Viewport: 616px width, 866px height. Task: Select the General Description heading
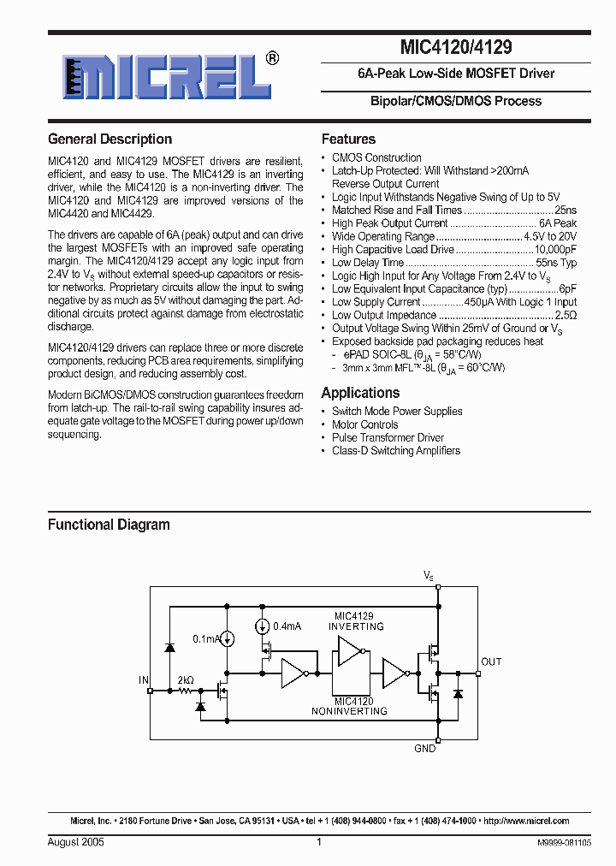(x=110, y=139)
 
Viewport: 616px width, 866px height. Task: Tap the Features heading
(x=348, y=139)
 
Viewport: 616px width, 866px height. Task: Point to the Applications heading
(x=360, y=393)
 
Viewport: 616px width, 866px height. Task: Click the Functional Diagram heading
(x=109, y=525)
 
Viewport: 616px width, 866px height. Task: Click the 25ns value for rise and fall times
(x=566, y=210)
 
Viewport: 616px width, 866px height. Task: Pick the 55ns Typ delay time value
(x=556, y=263)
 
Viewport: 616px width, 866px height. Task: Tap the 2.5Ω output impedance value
(x=566, y=315)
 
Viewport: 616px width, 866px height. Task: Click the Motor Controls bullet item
(x=365, y=424)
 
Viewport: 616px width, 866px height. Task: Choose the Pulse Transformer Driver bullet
(x=388, y=437)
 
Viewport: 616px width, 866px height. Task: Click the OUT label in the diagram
(x=491, y=661)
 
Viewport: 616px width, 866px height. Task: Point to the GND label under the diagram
(x=425, y=748)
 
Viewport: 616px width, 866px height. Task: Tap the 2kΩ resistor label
(x=185, y=680)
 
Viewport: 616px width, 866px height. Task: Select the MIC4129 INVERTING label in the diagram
(x=356, y=621)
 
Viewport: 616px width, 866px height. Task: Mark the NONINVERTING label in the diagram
(x=349, y=711)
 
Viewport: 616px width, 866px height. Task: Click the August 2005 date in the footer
(x=76, y=842)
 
